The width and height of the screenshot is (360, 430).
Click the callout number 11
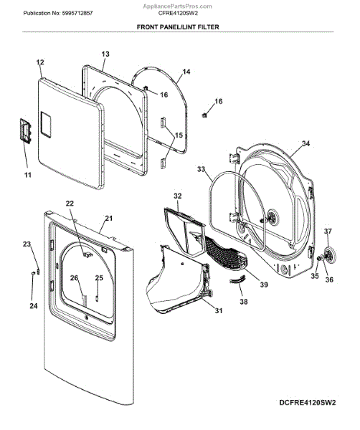click(28, 175)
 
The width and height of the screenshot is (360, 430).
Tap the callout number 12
click(40, 62)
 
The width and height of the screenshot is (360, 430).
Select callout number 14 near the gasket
click(186, 72)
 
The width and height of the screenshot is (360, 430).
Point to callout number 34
click(305, 143)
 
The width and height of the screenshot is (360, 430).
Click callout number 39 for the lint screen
click(264, 285)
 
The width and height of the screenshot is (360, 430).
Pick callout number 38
click(244, 302)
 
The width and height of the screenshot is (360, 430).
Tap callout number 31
click(219, 311)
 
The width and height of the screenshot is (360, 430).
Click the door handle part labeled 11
click(25, 130)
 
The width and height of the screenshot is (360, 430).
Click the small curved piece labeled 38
click(237, 280)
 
